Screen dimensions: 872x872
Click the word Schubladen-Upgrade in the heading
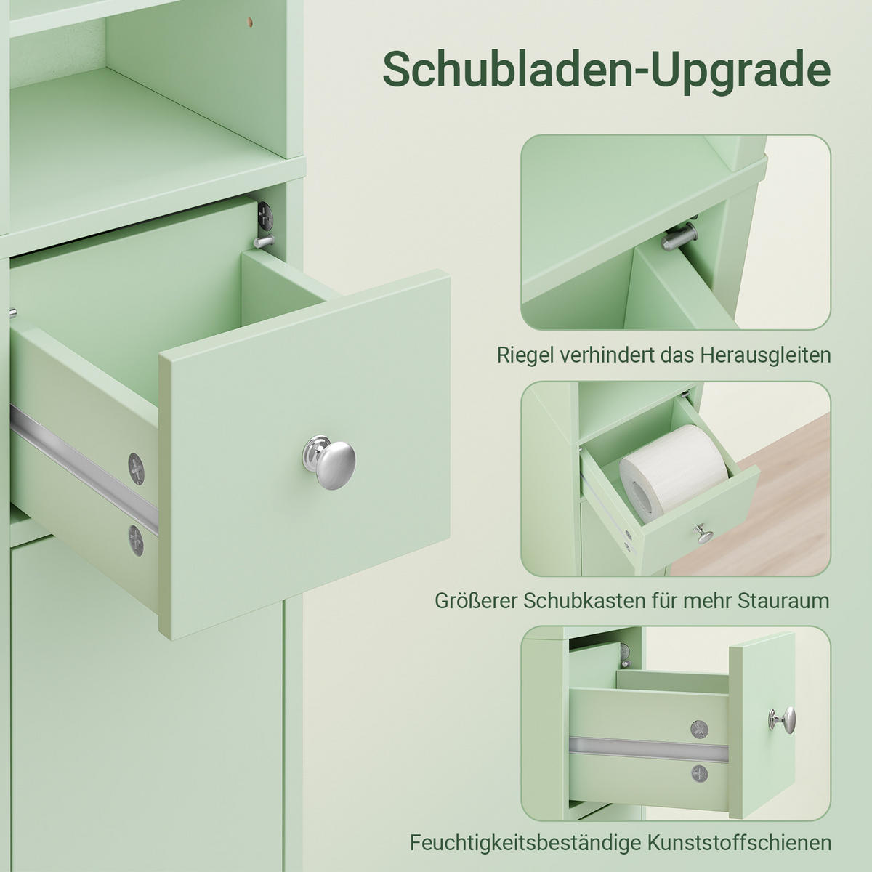pyautogui.click(x=606, y=70)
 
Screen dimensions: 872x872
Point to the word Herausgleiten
pyautogui.click(x=766, y=355)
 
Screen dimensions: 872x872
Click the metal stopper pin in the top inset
pyautogui.click(x=679, y=236)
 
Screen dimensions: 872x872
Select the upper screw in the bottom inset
pyautogui.click(x=699, y=730)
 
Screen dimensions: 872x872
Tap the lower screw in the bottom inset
pyautogui.click(x=700, y=774)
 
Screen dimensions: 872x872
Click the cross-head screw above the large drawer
pyautogui.click(x=265, y=215)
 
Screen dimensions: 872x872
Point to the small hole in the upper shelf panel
pyautogui.click(x=249, y=21)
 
